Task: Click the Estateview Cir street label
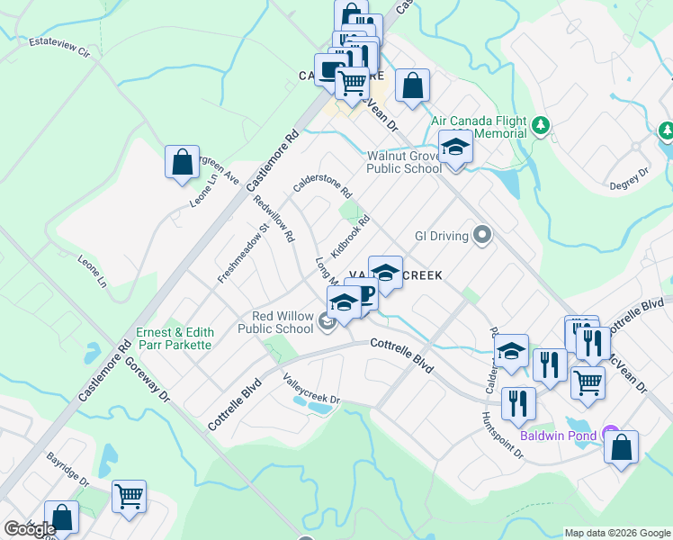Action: coord(60,48)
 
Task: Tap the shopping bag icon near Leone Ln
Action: coord(182,163)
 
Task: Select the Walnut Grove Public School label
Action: coord(404,162)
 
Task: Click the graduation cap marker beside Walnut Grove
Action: coord(455,148)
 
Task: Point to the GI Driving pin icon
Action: coord(482,236)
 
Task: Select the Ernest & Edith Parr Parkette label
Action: coord(175,338)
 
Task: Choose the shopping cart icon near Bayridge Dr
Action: coord(129,496)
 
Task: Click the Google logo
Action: coord(30,529)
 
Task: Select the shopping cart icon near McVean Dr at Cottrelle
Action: coord(588,382)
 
